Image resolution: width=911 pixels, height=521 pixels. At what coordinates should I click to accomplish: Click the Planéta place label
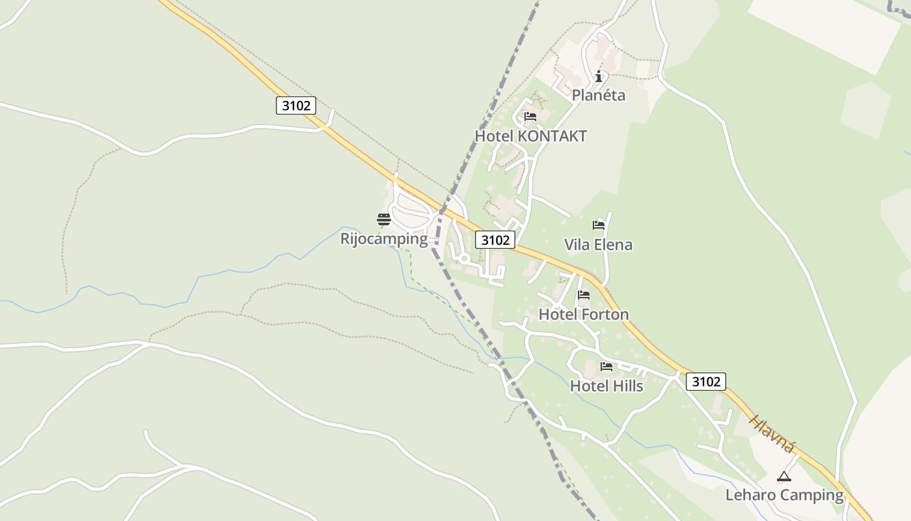(598, 95)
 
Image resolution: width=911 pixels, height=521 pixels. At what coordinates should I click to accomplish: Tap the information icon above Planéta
(599, 76)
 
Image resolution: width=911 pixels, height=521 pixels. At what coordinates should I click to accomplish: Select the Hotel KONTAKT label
(530, 136)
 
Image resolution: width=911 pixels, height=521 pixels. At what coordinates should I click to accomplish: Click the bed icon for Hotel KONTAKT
(530, 117)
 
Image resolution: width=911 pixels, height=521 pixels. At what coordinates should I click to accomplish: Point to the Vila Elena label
(598, 245)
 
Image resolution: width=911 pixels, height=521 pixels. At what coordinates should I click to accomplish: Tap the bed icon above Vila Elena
(598, 225)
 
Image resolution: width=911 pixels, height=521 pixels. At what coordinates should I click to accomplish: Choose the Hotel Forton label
(584, 315)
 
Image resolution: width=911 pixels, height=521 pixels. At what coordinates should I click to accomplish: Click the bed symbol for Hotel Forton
(584, 295)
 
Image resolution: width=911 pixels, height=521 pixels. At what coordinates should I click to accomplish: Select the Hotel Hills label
(606, 386)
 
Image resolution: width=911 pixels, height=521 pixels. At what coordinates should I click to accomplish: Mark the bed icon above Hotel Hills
(606, 367)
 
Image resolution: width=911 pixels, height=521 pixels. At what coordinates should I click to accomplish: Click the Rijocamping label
(384, 238)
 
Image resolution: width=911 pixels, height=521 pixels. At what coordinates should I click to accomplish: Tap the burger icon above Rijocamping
(383, 219)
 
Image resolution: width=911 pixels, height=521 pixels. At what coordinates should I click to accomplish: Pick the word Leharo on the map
(750, 495)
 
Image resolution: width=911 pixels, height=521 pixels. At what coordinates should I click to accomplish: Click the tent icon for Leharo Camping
(783, 476)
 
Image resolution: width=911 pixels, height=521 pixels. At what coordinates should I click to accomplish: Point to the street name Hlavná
(772, 433)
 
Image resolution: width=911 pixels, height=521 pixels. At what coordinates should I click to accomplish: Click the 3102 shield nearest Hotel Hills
(705, 382)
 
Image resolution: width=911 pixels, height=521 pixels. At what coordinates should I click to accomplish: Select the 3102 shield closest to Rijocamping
(495, 240)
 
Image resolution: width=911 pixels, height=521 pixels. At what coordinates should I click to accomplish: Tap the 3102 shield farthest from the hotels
(296, 106)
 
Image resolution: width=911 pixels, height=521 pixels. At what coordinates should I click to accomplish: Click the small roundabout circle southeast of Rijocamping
(464, 259)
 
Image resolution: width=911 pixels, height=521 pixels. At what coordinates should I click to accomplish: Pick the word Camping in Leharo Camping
(811, 495)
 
